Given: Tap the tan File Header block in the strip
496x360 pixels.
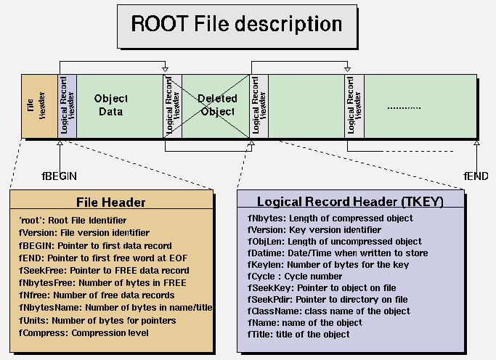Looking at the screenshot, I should click(39, 106).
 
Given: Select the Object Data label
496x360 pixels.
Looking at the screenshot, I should click(110, 105).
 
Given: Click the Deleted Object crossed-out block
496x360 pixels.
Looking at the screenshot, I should click(216, 105).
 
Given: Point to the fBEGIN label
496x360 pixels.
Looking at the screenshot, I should click(59, 176).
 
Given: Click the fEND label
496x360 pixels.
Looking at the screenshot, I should click(476, 176).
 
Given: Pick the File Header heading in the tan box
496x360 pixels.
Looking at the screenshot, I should click(111, 202).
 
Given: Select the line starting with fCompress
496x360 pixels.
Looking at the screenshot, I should click(84, 333).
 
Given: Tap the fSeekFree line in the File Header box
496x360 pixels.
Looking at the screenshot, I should click(94, 270).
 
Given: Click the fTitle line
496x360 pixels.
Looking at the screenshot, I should click(298, 335).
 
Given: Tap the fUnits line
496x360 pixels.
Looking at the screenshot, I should click(92, 320).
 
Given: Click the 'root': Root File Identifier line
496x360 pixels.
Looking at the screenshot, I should click(73, 220).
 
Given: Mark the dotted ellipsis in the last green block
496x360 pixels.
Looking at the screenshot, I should click(404, 108).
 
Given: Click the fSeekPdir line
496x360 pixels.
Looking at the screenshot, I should click(328, 300).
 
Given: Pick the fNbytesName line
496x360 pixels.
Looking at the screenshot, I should click(115, 308).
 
